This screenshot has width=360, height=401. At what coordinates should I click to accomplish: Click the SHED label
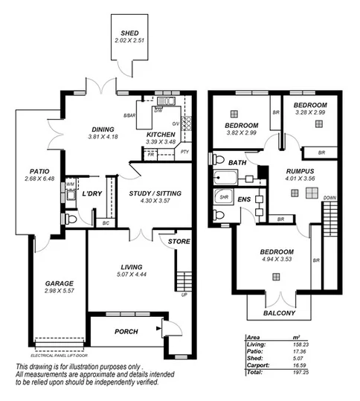click(131, 33)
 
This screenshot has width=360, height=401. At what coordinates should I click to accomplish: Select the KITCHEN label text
click(161, 134)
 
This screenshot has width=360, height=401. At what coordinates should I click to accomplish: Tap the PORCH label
click(126, 332)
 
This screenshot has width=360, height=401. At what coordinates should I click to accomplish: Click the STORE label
click(179, 242)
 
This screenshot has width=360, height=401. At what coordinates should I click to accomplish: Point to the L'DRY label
click(92, 193)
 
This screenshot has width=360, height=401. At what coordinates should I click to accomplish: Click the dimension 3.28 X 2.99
click(309, 114)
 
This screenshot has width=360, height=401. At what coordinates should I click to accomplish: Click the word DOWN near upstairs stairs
click(330, 199)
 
